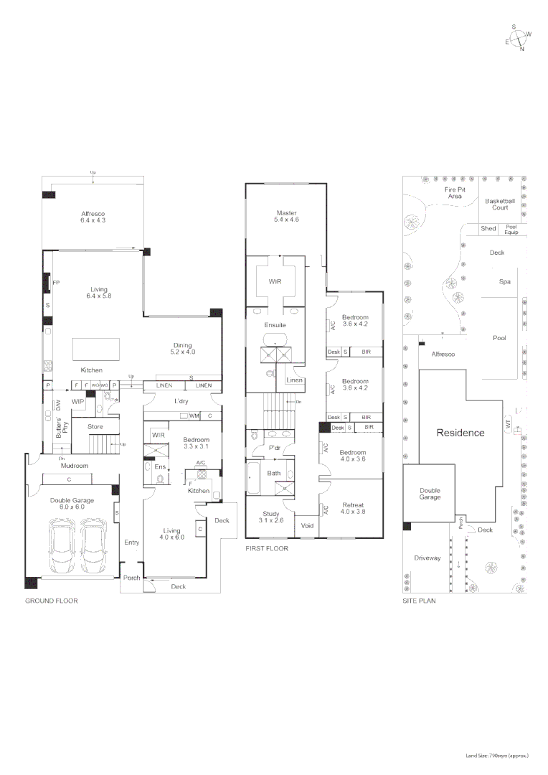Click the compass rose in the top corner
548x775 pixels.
pos(518,38)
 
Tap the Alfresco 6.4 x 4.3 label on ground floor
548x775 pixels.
pos(93,217)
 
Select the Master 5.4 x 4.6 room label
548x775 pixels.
pos(285,216)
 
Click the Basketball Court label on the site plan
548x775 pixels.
pos(500,204)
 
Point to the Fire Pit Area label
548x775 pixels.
pos(455,192)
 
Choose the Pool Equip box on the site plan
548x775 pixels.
pos(511,229)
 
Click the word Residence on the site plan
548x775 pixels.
pos(460,433)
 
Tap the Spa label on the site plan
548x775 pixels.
pos(504,282)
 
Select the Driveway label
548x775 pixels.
pos(427,558)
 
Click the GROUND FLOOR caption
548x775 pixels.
pos(52,601)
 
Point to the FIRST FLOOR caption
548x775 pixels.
pos(267,548)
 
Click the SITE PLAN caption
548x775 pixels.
pos(419,601)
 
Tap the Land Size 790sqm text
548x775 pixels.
pos(497,756)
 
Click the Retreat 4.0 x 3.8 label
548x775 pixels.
pos(353,508)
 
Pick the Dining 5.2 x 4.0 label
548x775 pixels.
pos(183,348)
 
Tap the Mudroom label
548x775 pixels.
pos(75,466)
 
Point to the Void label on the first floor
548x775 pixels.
pos(307,525)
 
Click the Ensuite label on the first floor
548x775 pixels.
pos(275,325)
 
